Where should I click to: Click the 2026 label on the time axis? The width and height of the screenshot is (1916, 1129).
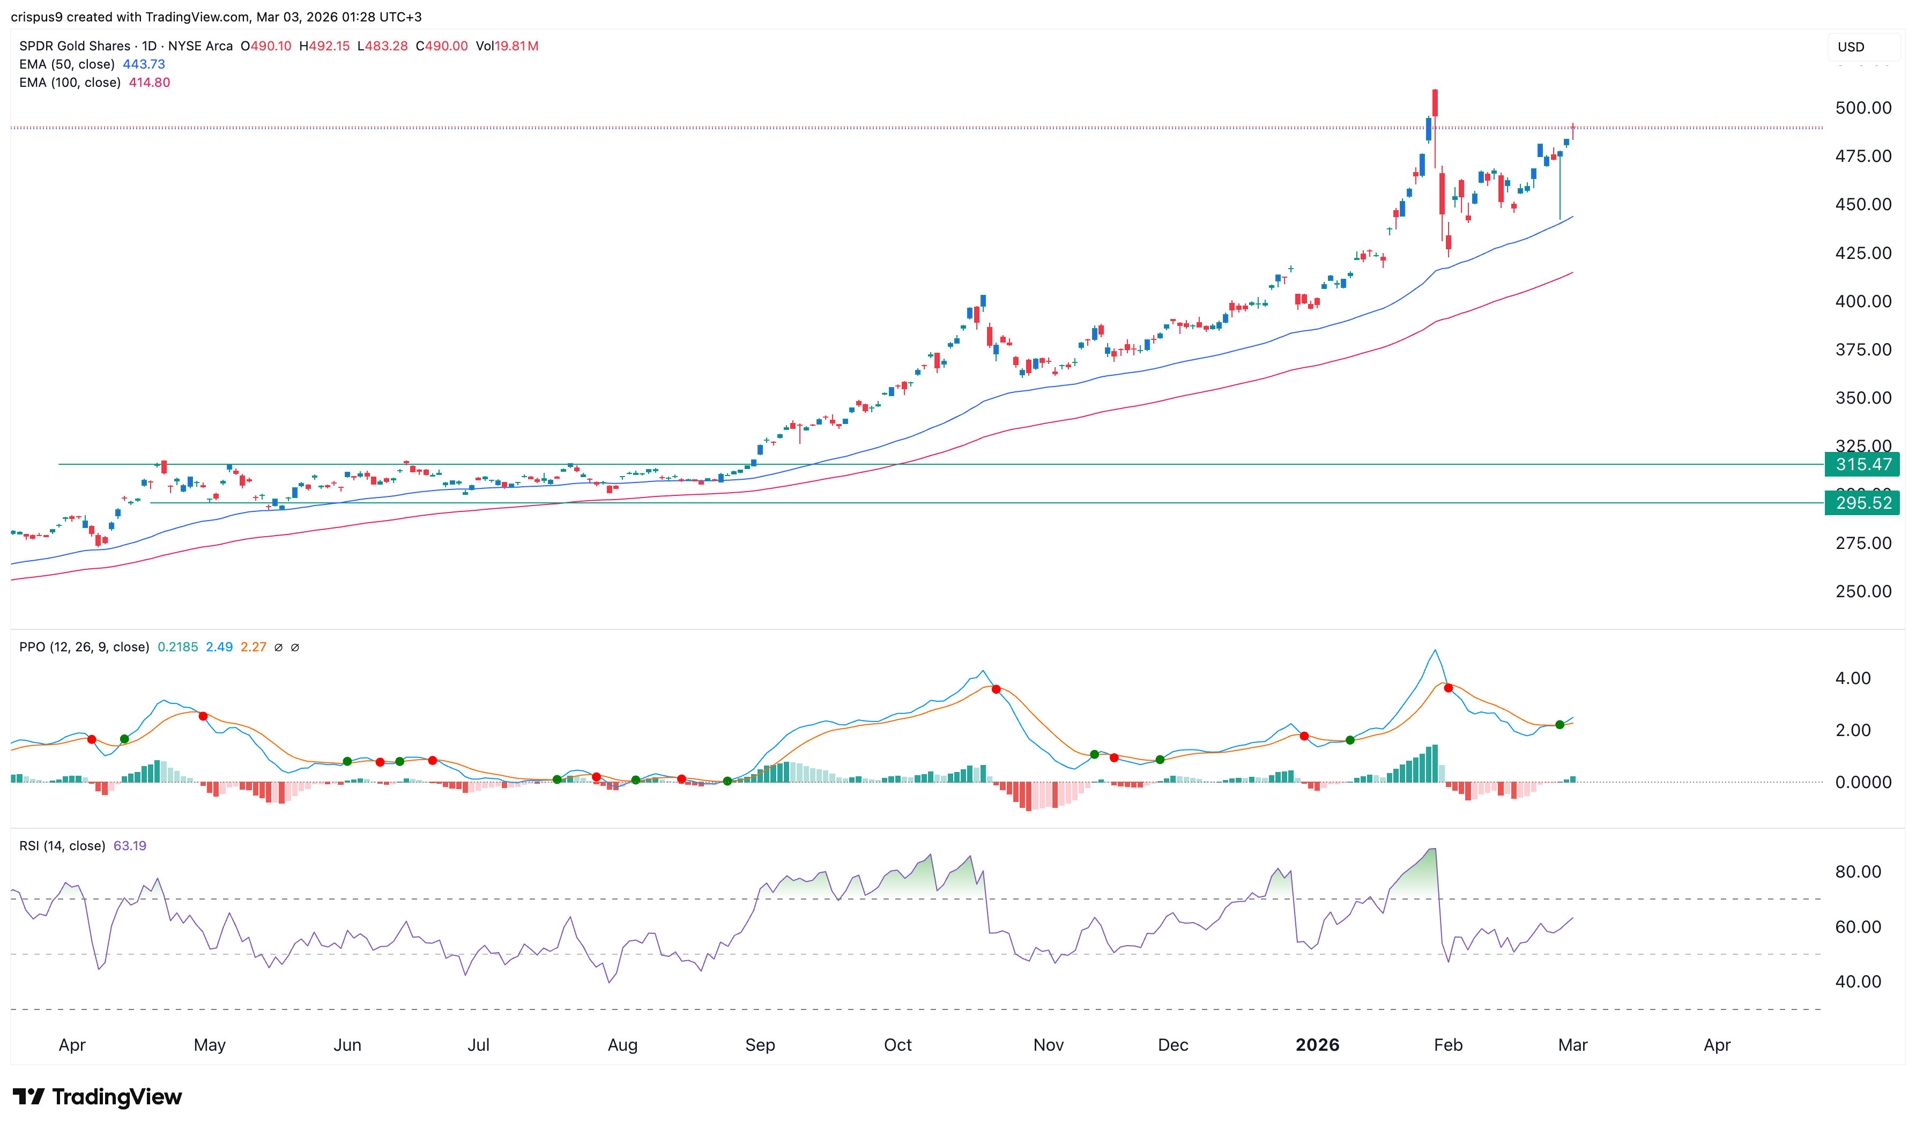1317,1044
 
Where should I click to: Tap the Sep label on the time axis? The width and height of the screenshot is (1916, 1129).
760,1044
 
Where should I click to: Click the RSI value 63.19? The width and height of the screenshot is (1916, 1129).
129,846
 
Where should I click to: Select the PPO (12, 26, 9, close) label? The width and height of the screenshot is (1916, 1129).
84,648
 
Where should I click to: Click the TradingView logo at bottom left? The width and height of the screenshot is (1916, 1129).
98,1096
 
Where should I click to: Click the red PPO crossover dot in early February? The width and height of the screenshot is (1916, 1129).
1448,688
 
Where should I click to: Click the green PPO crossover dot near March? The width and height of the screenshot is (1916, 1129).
1560,724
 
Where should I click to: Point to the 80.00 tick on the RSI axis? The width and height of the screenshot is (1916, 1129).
1856,872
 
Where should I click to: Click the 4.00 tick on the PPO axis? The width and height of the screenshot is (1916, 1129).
1852,678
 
